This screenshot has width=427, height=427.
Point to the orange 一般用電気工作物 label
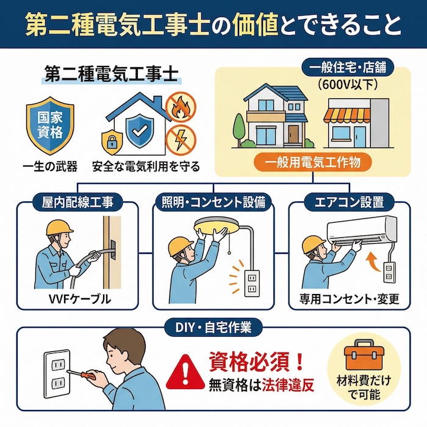point(314,162)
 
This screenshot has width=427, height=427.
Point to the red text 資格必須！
point(256,360)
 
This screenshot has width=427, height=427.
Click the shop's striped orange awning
point(346,115)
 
